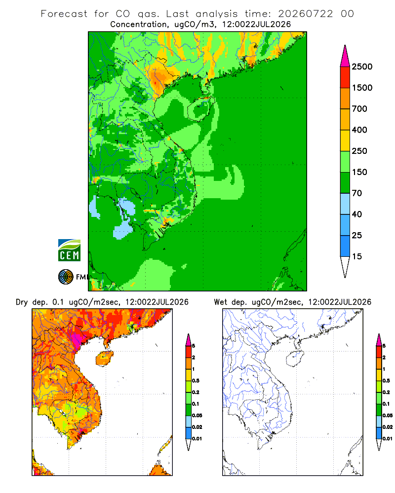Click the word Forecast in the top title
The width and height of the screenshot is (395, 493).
tap(64, 14)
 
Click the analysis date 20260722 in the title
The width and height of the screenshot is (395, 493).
tap(305, 14)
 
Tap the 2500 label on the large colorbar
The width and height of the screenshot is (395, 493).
tap(362, 67)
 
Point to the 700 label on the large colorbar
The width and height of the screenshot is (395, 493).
tap(359, 109)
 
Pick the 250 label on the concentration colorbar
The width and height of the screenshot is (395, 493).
tap(359, 151)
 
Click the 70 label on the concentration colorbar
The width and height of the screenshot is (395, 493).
tap(357, 193)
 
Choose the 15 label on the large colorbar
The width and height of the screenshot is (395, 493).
tap(357, 256)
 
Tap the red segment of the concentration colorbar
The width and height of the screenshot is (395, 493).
tap(345, 77)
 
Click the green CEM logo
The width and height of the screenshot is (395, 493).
tap(69, 250)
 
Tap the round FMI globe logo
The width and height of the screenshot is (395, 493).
tap(66, 277)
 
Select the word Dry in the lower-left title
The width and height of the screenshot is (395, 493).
tap(22, 302)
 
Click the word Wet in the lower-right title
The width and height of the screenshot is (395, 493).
tap(220, 302)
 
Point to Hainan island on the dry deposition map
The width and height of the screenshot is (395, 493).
tap(105, 358)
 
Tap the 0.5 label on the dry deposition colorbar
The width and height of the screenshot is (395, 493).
tap(196, 381)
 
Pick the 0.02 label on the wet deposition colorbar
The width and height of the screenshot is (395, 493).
tap(388, 427)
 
